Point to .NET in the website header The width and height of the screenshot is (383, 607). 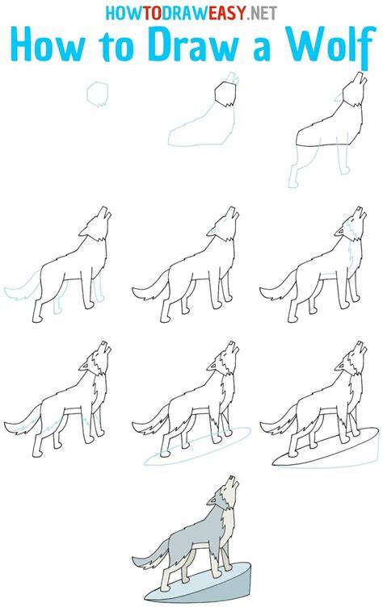[x=262, y=13]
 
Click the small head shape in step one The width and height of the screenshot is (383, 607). [x=97, y=94]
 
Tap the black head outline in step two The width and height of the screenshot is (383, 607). [x=225, y=94]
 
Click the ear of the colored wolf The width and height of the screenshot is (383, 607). [x=212, y=501]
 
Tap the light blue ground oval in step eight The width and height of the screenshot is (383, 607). [x=198, y=446]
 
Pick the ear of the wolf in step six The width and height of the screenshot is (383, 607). [x=340, y=232]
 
